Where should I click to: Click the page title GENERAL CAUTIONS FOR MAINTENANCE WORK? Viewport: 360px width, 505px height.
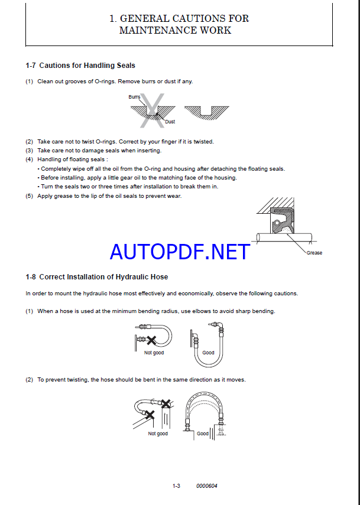(179, 24)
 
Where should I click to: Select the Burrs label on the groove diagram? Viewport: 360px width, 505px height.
(134, 96)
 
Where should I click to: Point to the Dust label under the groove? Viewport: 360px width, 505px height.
(170, 122)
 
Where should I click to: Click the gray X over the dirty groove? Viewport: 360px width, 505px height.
(151, 111)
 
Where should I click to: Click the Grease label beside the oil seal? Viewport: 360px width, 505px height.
(314, 253)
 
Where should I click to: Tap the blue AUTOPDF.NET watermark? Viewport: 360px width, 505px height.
(180, 252)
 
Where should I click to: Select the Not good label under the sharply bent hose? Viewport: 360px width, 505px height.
(154, 353)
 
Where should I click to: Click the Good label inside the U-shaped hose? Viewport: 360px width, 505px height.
(208, 353)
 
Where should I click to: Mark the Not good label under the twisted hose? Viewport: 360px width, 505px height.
(158, 434)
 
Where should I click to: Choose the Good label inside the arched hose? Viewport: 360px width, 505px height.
(203, 434)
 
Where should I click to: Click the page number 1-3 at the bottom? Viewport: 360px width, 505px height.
(176, 486)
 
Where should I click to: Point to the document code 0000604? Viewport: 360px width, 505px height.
(207, 486)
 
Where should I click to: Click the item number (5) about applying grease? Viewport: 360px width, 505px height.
(29, 196)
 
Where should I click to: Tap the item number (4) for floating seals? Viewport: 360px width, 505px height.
(29, 159)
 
